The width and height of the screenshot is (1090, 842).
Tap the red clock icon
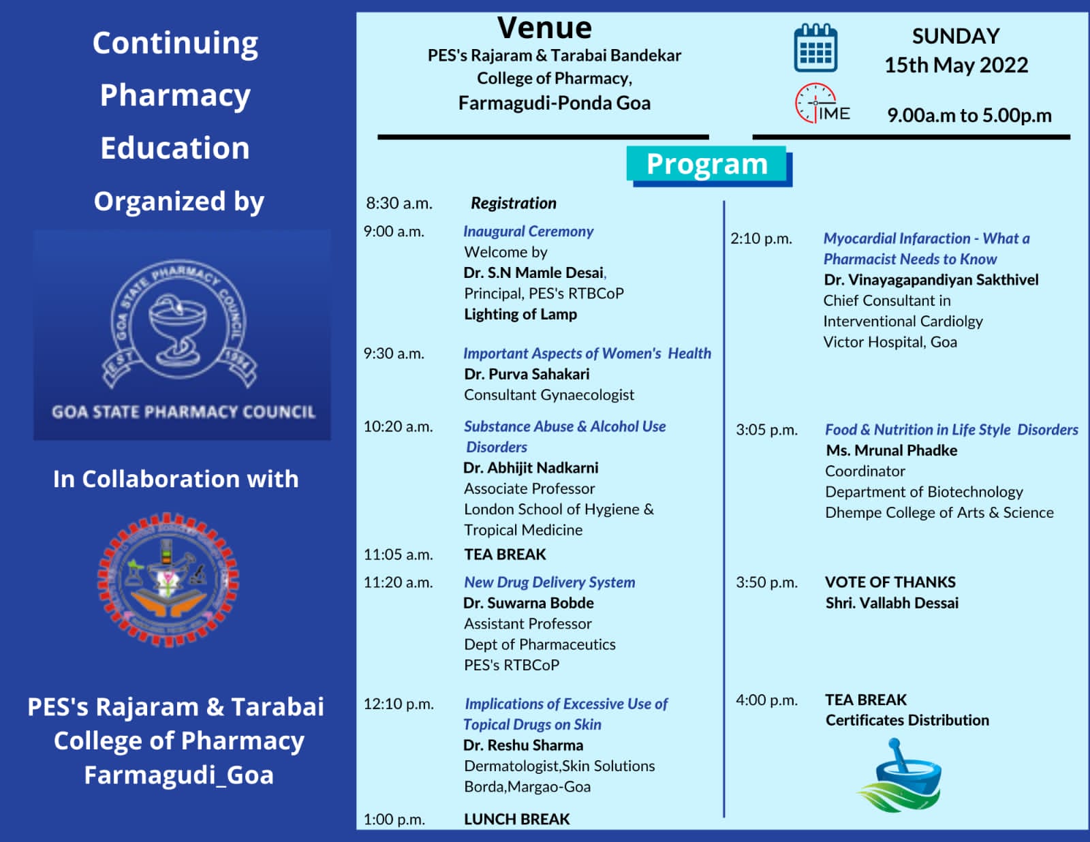[815, 103]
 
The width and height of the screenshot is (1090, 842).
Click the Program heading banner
[707, 164]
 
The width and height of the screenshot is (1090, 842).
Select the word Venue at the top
[544, 29]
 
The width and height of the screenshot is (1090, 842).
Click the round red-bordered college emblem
[168, 580]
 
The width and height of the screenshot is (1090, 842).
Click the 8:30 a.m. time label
[399, 203]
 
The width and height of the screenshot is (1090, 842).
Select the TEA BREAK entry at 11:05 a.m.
[505, 555]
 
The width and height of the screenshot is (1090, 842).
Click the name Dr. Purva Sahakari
[527, 374]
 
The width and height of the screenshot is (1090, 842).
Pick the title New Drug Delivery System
[549, 582]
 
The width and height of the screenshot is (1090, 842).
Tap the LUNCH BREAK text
[516, 819]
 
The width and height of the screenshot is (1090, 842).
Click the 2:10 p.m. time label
[761, 238]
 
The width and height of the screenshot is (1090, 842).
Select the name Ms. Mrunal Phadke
[891, 450]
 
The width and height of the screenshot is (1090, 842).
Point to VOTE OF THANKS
[890, 582]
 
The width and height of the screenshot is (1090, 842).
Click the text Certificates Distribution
[907, 720]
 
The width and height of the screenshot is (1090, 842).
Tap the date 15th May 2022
[956, 65]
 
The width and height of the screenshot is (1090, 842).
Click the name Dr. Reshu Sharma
[523, 745]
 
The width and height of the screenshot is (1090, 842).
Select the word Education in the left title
[175, 148]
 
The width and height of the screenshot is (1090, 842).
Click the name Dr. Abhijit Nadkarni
[531, 468]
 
